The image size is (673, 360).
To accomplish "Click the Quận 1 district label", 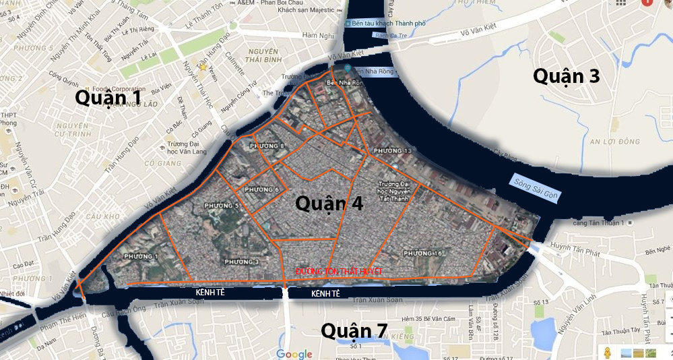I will coord(108,97).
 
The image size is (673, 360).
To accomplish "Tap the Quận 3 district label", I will coord(566,76).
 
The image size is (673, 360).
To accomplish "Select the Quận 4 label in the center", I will coord(329,203).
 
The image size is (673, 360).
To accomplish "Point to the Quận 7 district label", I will coord(354,330).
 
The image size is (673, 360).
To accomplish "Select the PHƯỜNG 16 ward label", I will coord(423,253).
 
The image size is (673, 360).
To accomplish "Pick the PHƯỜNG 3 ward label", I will coord(242,262).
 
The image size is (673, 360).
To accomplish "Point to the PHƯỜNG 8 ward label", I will coord(267,146).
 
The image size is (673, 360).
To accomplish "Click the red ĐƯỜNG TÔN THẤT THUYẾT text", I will coord(339,271).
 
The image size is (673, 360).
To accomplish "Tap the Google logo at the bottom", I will coord(294,354).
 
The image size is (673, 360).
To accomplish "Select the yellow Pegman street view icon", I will coord(607,353).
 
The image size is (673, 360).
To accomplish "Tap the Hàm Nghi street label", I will coord(318,35).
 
